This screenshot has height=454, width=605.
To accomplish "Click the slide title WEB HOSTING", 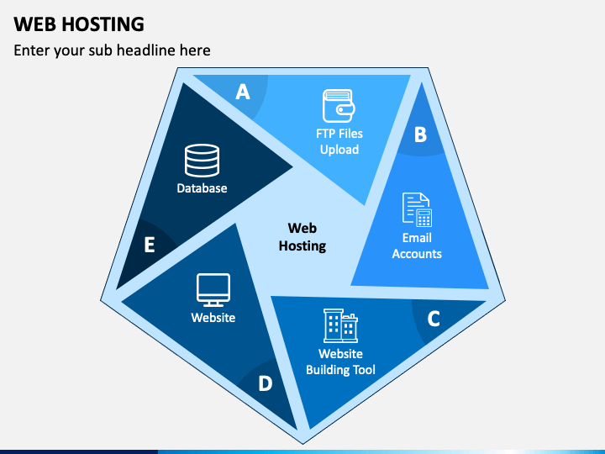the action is [x=79, y=24].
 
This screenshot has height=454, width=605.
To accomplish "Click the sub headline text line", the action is [x=112, y=50].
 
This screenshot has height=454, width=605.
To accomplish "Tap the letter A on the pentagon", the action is [x=243, y=92].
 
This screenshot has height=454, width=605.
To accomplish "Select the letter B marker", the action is [x=421, y=135].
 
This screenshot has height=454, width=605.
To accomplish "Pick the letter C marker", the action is [x=434, y=319].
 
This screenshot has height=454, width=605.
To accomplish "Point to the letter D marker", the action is [x=266, y=383].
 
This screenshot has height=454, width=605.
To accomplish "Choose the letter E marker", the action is [x=150, y=245].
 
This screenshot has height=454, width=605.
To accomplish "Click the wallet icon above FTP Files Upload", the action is [x=339, y=106].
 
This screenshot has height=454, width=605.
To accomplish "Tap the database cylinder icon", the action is [x=203, y=161].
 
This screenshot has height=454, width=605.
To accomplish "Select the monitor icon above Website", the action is [x=213, y=290].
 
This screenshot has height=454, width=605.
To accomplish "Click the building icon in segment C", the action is [x=340, y=325].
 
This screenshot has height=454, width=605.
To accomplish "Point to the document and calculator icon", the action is [x=417, y=209].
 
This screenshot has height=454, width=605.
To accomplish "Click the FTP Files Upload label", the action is [x=339, y=141].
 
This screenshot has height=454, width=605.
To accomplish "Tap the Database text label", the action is [x=202, y=188].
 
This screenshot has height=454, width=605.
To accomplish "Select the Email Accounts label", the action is [x=417, y=245].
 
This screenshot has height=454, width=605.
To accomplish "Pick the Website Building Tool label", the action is [x=340, y=362].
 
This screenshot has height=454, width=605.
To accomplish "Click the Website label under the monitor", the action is [x=213, y=317].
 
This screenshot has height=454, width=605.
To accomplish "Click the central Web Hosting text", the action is [x=302, y=236].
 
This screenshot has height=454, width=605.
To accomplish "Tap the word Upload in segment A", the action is [x=339, y=150].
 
